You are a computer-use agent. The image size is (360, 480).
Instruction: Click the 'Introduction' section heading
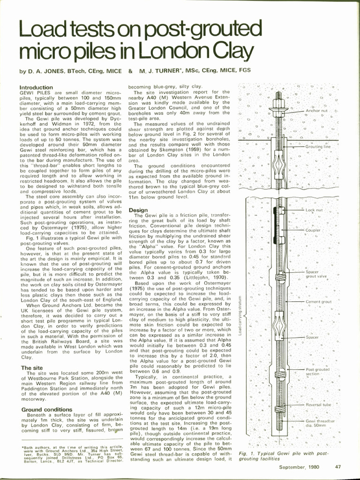click(36, 88)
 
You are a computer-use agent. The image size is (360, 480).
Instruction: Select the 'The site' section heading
click(32, 368)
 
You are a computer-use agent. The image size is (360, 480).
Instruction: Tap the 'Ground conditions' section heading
click(46, 410)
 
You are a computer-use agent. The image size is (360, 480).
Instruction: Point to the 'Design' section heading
click(138, 210)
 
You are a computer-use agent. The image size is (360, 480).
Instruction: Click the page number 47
click(338, 467)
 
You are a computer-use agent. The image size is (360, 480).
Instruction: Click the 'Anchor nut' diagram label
click(317, 111)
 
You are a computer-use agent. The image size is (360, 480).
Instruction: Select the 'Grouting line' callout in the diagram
click(318, 147)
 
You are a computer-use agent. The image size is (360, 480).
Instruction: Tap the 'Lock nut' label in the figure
click(314, 210)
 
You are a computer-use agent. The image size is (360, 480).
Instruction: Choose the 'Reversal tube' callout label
click(318, 405)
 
